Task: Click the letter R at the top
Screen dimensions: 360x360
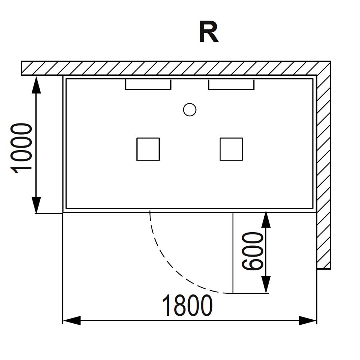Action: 208,32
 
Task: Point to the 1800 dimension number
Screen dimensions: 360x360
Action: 187,306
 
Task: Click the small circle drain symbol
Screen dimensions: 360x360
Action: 190,110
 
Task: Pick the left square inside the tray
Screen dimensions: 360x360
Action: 148,149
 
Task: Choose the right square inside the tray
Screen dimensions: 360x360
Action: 231,149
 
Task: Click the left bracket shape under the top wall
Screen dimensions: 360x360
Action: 148,89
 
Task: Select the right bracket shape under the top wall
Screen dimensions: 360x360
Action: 231,89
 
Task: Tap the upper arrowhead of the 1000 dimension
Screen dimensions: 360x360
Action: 36,85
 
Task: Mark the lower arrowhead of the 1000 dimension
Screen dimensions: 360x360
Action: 36,205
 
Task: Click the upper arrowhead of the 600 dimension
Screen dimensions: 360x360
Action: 266,219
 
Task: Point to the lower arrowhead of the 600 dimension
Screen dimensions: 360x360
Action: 266,285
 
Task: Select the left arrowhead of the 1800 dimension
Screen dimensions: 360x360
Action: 72,320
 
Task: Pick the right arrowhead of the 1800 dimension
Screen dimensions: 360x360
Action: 308,320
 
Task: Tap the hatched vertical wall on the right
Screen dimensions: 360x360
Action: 324,172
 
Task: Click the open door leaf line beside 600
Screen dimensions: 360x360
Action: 233,253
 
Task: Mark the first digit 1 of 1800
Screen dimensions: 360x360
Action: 167,306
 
